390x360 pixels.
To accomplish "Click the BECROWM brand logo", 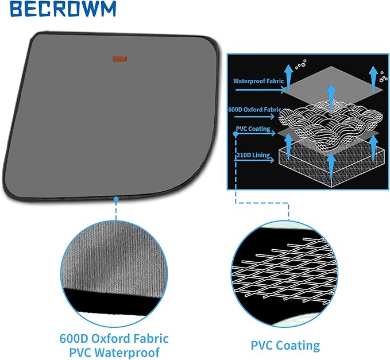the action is click(x=63, y=9).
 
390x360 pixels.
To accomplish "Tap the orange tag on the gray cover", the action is click(x=120, y=59).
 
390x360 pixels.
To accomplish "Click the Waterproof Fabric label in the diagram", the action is click(x=258, y=81).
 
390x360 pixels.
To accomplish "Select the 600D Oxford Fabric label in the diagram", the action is click(x=254, y=110).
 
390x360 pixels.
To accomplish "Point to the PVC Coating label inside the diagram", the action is click(x=253, y=129).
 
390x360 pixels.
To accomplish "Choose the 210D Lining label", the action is click(x=253, y=155).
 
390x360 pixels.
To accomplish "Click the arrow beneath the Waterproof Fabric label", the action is click(x=260, y=90).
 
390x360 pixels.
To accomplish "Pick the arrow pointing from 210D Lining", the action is click(x=254, y=160).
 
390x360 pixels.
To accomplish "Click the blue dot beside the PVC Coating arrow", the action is click(x=236, y=134).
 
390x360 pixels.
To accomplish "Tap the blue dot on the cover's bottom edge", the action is click(x=116, y=199).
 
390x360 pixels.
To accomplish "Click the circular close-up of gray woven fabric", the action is click(x=114, y=273).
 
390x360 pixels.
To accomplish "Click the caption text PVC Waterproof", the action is click(x=114, y=353).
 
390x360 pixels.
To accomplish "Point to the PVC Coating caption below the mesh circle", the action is click(x=285, y=345).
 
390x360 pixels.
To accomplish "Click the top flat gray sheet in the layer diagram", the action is click(x=333, y=84).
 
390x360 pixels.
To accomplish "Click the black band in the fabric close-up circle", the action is click(x=114, y=302).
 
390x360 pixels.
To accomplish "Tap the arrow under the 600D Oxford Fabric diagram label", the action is click(x=254, y=117).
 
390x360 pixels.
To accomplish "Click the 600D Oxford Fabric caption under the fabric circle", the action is click(x=114, y=338).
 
